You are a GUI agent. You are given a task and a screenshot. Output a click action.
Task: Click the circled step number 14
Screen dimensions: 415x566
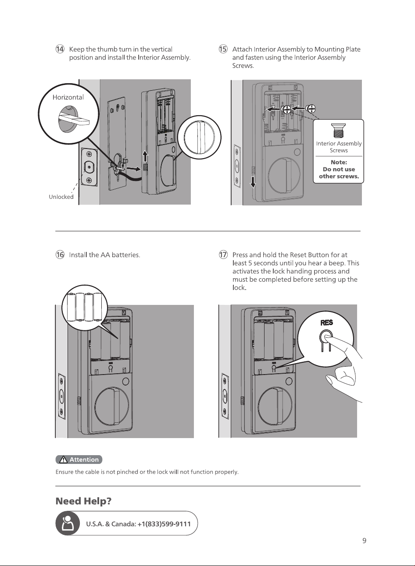pos(60,49)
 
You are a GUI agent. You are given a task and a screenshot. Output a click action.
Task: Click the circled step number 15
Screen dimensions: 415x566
pos(223,49)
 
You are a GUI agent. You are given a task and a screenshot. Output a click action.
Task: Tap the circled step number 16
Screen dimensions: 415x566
pos(60,255)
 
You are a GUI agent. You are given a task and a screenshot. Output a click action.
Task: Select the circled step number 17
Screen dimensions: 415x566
pos(223,255)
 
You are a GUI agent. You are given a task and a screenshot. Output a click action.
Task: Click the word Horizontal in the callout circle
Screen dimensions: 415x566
pos(68,97)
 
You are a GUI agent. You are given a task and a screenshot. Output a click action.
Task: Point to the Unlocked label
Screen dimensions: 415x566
pos(61,197)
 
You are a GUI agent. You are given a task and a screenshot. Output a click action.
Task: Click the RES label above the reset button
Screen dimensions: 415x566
pos(327,323)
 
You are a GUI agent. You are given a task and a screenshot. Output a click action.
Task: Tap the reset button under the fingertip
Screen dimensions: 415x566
pos(326,337)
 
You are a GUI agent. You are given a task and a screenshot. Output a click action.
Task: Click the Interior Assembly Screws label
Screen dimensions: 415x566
pos(339,147)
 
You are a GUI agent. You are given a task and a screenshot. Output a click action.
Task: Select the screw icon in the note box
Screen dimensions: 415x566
pos(339,131)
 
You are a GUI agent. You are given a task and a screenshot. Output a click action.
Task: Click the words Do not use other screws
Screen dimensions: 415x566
pos(339,173)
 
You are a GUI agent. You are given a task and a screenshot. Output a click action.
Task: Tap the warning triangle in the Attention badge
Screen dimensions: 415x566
pos(63,460)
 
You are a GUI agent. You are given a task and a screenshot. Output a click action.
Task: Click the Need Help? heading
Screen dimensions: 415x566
pos(83,501)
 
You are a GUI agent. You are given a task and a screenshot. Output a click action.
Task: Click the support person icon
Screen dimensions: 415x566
pos(68,523)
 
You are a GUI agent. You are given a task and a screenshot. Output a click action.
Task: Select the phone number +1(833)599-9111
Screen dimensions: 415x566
pos(164,524)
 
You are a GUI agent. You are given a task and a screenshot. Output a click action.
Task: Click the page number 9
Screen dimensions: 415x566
pos(365,541)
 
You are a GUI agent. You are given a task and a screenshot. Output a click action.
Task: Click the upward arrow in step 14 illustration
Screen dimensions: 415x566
pos(145,157)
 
